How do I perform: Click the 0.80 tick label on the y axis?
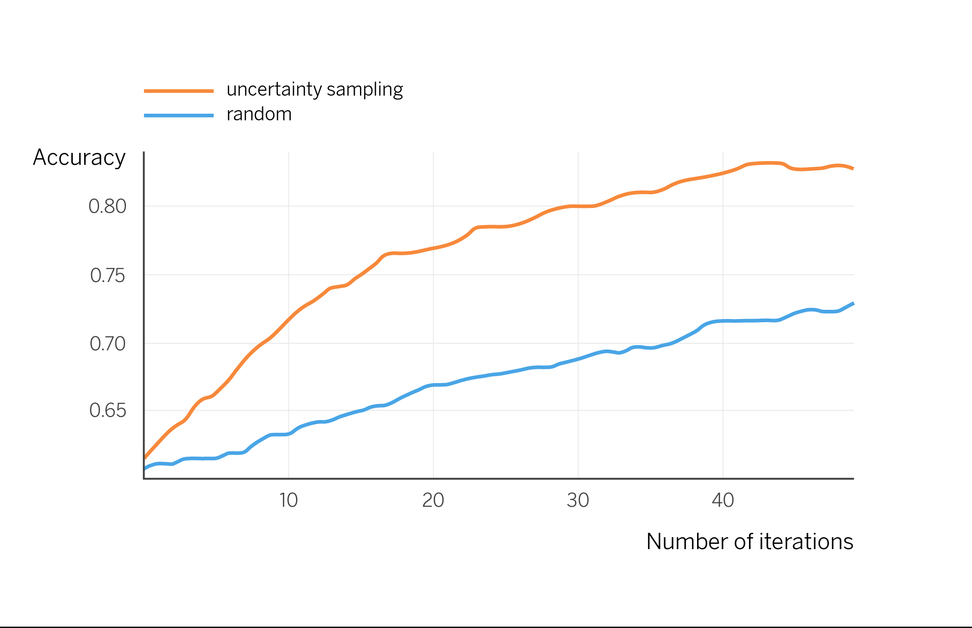click(107, 207)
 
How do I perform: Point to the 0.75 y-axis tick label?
click(107, 276)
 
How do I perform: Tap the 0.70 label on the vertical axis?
click(107, 344)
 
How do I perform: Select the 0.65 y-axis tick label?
click(107, 411)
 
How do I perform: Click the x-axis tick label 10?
click(289, 501)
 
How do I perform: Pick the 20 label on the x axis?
click(433, 501)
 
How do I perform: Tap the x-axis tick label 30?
click(578, 501)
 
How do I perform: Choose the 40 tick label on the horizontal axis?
click(723, 501)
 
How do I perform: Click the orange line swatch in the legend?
click(178, 91)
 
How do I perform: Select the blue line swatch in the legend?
click(178, 116)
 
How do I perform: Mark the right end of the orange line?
click(853, 168)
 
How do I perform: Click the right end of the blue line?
click(853, 303)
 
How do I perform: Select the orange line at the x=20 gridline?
click(433, 248)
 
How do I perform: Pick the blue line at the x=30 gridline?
click(578, 359)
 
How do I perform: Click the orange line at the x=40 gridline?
click(723, 173)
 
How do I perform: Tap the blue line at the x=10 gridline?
click(289, 434)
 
